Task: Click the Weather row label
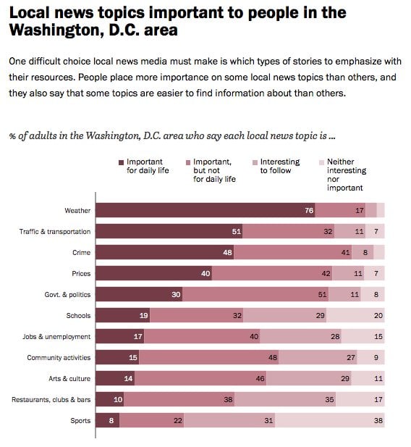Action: point(77,210)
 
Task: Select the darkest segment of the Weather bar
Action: point(205,210)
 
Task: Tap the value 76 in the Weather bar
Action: point(309,210)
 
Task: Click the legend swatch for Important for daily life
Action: point(121,162)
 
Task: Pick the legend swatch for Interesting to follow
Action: point(255,162)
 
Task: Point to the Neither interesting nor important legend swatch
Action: point(321,162)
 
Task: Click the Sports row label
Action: point(80,420)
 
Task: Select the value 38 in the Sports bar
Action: point(378,420)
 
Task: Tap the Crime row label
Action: point(82,252)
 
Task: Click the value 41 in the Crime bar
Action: point(345,252)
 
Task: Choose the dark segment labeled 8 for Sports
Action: point(108,420)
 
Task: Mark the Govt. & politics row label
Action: point(67,294)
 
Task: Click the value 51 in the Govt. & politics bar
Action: point(322,294)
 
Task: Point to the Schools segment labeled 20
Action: point(355,315)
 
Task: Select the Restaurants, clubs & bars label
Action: point(51,399)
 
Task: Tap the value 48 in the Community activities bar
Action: point(273,357)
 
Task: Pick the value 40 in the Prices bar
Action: point(205,273)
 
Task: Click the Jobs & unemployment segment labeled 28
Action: point(300,336)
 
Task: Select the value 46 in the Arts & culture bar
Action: point(260,378)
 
